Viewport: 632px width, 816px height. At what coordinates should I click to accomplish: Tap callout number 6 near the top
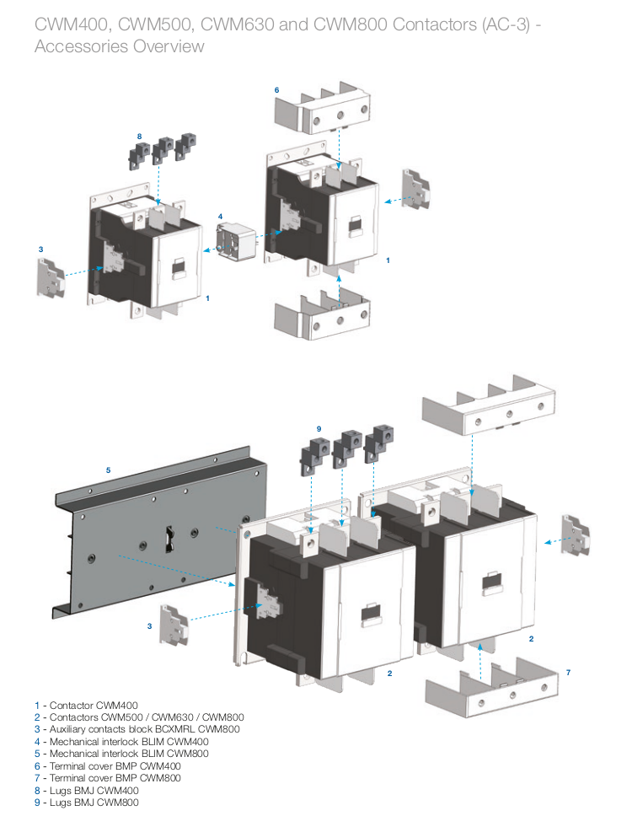[276, 89]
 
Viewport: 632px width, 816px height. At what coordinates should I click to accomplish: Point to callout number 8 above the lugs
[139, 136]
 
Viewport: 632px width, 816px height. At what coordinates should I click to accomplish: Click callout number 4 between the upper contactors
[221, 217]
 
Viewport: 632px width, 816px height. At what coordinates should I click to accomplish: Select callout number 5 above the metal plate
[108, 470]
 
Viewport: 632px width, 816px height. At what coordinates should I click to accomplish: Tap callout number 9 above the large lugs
[319, 429]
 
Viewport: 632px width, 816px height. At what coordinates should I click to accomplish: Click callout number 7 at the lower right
[568, 672]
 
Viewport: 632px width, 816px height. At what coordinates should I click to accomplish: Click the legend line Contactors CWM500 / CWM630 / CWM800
[139, 717]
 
